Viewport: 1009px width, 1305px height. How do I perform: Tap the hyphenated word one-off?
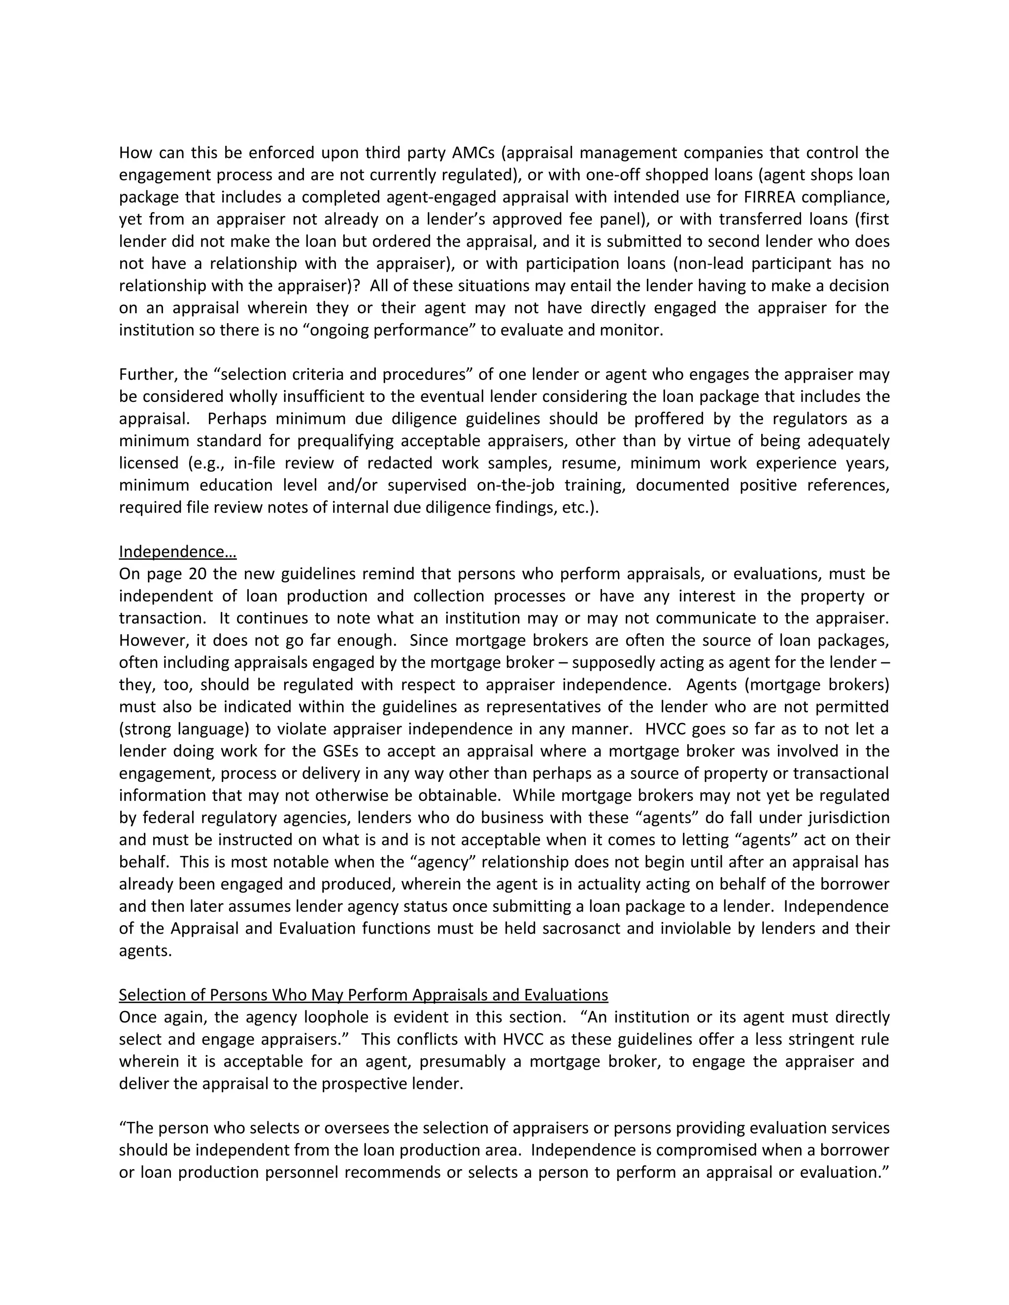(617, 175)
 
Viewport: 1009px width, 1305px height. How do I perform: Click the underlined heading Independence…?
(177, 552)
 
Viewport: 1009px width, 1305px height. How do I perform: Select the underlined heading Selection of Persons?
(363, 995)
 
